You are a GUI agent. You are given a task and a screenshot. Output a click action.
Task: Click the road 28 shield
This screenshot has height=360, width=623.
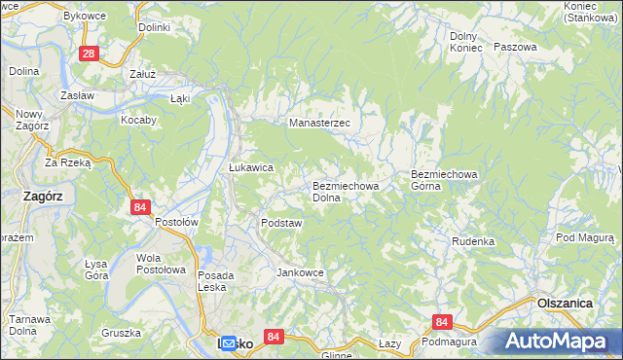click(x=89, y=54)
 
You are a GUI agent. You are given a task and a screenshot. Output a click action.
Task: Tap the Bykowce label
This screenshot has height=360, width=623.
click(x=110, y=17)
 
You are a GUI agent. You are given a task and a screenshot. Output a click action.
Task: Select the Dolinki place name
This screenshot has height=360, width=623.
click(x=154, y=27)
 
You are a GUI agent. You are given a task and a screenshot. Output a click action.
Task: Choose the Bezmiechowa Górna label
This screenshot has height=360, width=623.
click(x=446, y=180)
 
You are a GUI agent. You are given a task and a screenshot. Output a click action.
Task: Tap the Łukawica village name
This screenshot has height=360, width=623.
click(x=250, y=167)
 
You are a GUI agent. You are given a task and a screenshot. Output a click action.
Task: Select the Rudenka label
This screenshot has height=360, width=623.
click(x=473, y=240)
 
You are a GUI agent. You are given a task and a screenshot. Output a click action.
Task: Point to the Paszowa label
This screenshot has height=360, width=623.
click(x=515, y=47)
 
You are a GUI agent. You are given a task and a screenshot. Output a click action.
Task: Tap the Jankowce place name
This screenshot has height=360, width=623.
click(x=300, y=272)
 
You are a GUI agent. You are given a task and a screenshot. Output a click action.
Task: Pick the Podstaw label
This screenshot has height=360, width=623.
click(x=281, y=223)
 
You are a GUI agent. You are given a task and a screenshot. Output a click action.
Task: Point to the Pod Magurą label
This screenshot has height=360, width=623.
click(x=587, y=237)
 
